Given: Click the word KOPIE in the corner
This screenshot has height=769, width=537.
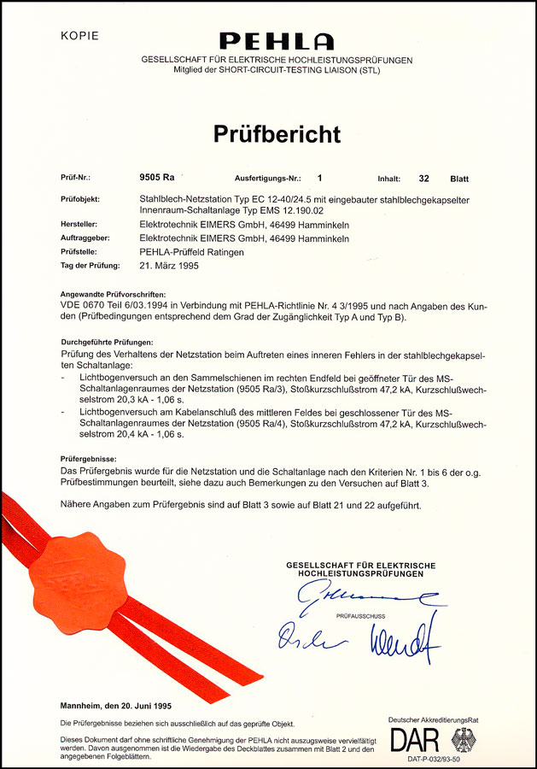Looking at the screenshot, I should [80, 36].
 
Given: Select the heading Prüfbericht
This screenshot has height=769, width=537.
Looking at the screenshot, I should [277, 134].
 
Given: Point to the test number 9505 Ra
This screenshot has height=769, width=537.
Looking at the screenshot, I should [157, 179].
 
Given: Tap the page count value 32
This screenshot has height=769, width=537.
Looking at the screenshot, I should [423, 179].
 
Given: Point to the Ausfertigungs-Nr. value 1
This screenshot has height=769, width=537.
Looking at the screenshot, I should [321, 179].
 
